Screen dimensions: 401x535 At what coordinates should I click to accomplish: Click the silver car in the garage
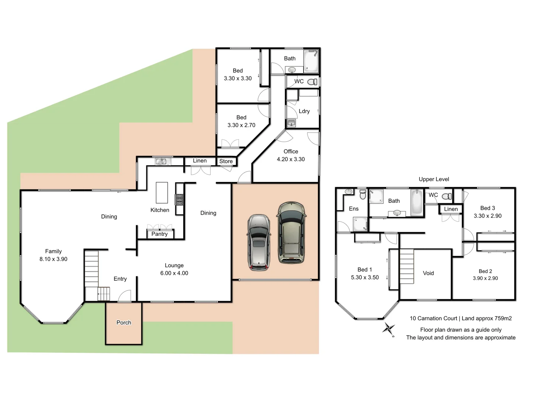coord(259,242)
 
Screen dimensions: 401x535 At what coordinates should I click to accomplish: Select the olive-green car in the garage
coord(292,233)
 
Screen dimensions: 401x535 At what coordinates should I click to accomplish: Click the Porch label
coord(124,323)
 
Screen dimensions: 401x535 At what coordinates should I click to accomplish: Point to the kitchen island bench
coord(162,193)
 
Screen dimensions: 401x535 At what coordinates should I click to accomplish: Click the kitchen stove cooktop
coord(179,199)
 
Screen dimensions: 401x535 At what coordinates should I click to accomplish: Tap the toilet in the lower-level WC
coord(313,82)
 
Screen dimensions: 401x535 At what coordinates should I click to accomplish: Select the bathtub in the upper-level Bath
coord(417,202)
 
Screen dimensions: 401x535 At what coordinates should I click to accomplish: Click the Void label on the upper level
coord(428,273)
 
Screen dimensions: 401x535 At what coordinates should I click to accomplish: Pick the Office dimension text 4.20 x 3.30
coord(291,159)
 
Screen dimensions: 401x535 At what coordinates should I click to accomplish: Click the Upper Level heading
coord(434,179)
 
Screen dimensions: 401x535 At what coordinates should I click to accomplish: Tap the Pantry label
coord(159,234)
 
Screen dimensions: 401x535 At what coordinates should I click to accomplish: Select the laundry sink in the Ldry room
coord(291,123)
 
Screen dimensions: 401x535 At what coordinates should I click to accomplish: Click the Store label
coord(226,161)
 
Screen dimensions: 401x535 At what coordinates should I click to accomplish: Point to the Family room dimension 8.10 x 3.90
coord(53,259)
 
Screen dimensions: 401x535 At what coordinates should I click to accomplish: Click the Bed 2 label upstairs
coord(485,271)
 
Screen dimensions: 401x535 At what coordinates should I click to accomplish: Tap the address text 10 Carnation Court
coord(433,318)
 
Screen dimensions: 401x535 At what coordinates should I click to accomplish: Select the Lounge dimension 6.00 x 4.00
coord(174,273)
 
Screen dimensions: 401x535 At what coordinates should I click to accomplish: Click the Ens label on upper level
coord(354,209)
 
